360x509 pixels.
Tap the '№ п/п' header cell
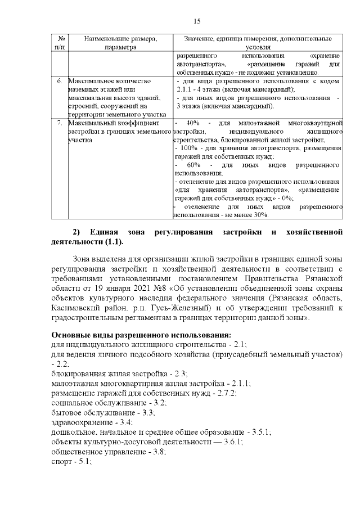(x=60, y=43)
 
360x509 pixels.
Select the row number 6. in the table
(x=60, y=81)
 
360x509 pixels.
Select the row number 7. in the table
(x=60, y=123)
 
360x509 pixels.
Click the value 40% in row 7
(x=192, y=123)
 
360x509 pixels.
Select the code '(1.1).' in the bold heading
(x=113, y=242)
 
